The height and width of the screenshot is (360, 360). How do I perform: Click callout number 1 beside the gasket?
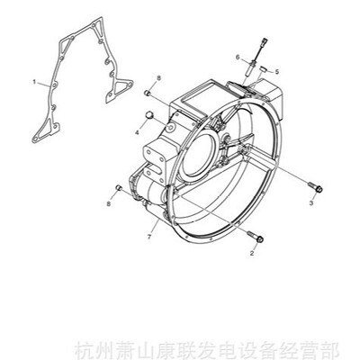pos(34,82)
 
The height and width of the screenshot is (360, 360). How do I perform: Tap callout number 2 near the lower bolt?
pos(252,253)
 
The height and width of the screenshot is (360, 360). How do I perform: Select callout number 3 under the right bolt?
pos(311,203)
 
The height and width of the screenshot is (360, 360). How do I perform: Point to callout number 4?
pos(137,132)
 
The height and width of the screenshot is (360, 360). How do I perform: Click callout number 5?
pos(277,72)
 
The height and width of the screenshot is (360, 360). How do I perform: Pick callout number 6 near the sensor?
pos(238,57)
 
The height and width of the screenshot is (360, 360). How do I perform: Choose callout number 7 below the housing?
pos(148,237)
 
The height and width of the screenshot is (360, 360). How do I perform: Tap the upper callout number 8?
pos(158,78)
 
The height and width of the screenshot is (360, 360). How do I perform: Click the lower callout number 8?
pos(109,203)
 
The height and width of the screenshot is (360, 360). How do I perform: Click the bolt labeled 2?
pos(256,237)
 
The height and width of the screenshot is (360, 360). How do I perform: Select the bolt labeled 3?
pos(315,186)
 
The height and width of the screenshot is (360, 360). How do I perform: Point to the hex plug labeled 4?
pos(149,115)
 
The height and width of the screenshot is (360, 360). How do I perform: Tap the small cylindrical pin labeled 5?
pos(264,68)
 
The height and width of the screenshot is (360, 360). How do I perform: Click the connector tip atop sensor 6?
pos(265,41)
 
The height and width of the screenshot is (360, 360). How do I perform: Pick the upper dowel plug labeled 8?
pos(148,93)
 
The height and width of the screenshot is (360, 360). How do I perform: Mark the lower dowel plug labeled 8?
pos(119,187)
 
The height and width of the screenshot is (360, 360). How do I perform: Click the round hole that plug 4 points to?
pos(171,128)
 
